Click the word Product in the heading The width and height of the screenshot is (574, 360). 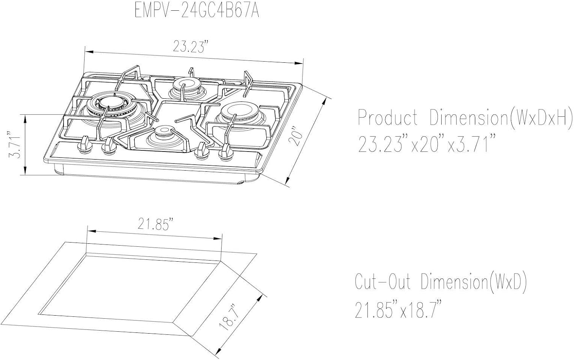[387, 118]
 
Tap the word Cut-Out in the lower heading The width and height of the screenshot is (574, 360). [383, 282]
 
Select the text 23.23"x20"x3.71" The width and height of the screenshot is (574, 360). [424, 145]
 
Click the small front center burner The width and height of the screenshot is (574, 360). [162, 132]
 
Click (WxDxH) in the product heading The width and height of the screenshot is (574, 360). [541, 118]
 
